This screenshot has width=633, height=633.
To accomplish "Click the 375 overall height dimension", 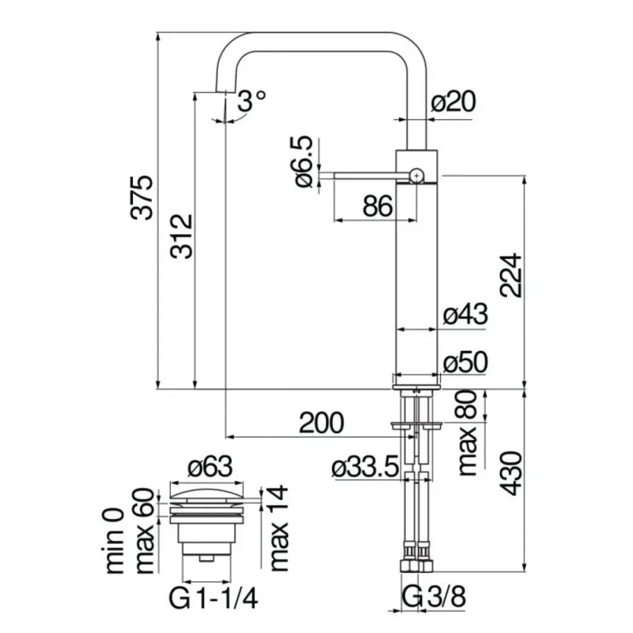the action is click(142, 197).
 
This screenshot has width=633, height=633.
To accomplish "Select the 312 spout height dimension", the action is click(181, 236).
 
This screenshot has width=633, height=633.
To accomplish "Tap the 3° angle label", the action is click(251, 101).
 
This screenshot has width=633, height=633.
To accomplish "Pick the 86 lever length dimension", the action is click(377, 206).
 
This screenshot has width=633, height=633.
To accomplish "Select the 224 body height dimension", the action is click(511, 275).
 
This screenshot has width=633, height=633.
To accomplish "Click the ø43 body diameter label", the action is click(465, 314).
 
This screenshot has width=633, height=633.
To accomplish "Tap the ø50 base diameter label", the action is click(465, 362).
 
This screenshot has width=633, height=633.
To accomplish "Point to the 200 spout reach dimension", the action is click(322, 423).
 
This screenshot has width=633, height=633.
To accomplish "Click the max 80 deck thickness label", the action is click(468, 433).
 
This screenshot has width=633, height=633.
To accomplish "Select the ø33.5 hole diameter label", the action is click(365, 468).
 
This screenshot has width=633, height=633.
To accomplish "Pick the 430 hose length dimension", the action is click(511, 473).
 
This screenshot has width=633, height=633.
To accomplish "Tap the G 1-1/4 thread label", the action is click(213, 598).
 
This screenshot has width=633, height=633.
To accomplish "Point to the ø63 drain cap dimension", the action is click(210, 467).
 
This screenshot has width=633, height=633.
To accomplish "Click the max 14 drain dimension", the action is click(278, 529).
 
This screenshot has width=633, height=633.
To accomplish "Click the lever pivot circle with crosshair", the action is click(417, 175).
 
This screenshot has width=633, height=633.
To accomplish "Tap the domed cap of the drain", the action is click(207, 493).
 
